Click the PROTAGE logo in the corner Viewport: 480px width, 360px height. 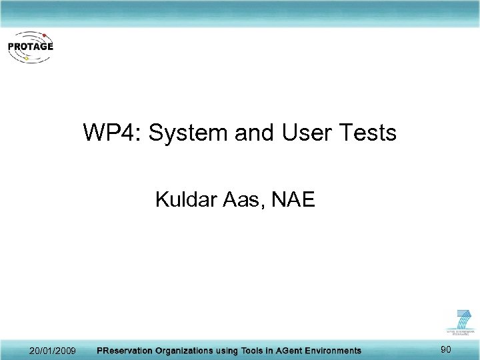tap(30, 47)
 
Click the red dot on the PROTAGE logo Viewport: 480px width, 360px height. tap(44, 34)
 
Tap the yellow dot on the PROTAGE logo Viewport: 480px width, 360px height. tap(26, 59)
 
